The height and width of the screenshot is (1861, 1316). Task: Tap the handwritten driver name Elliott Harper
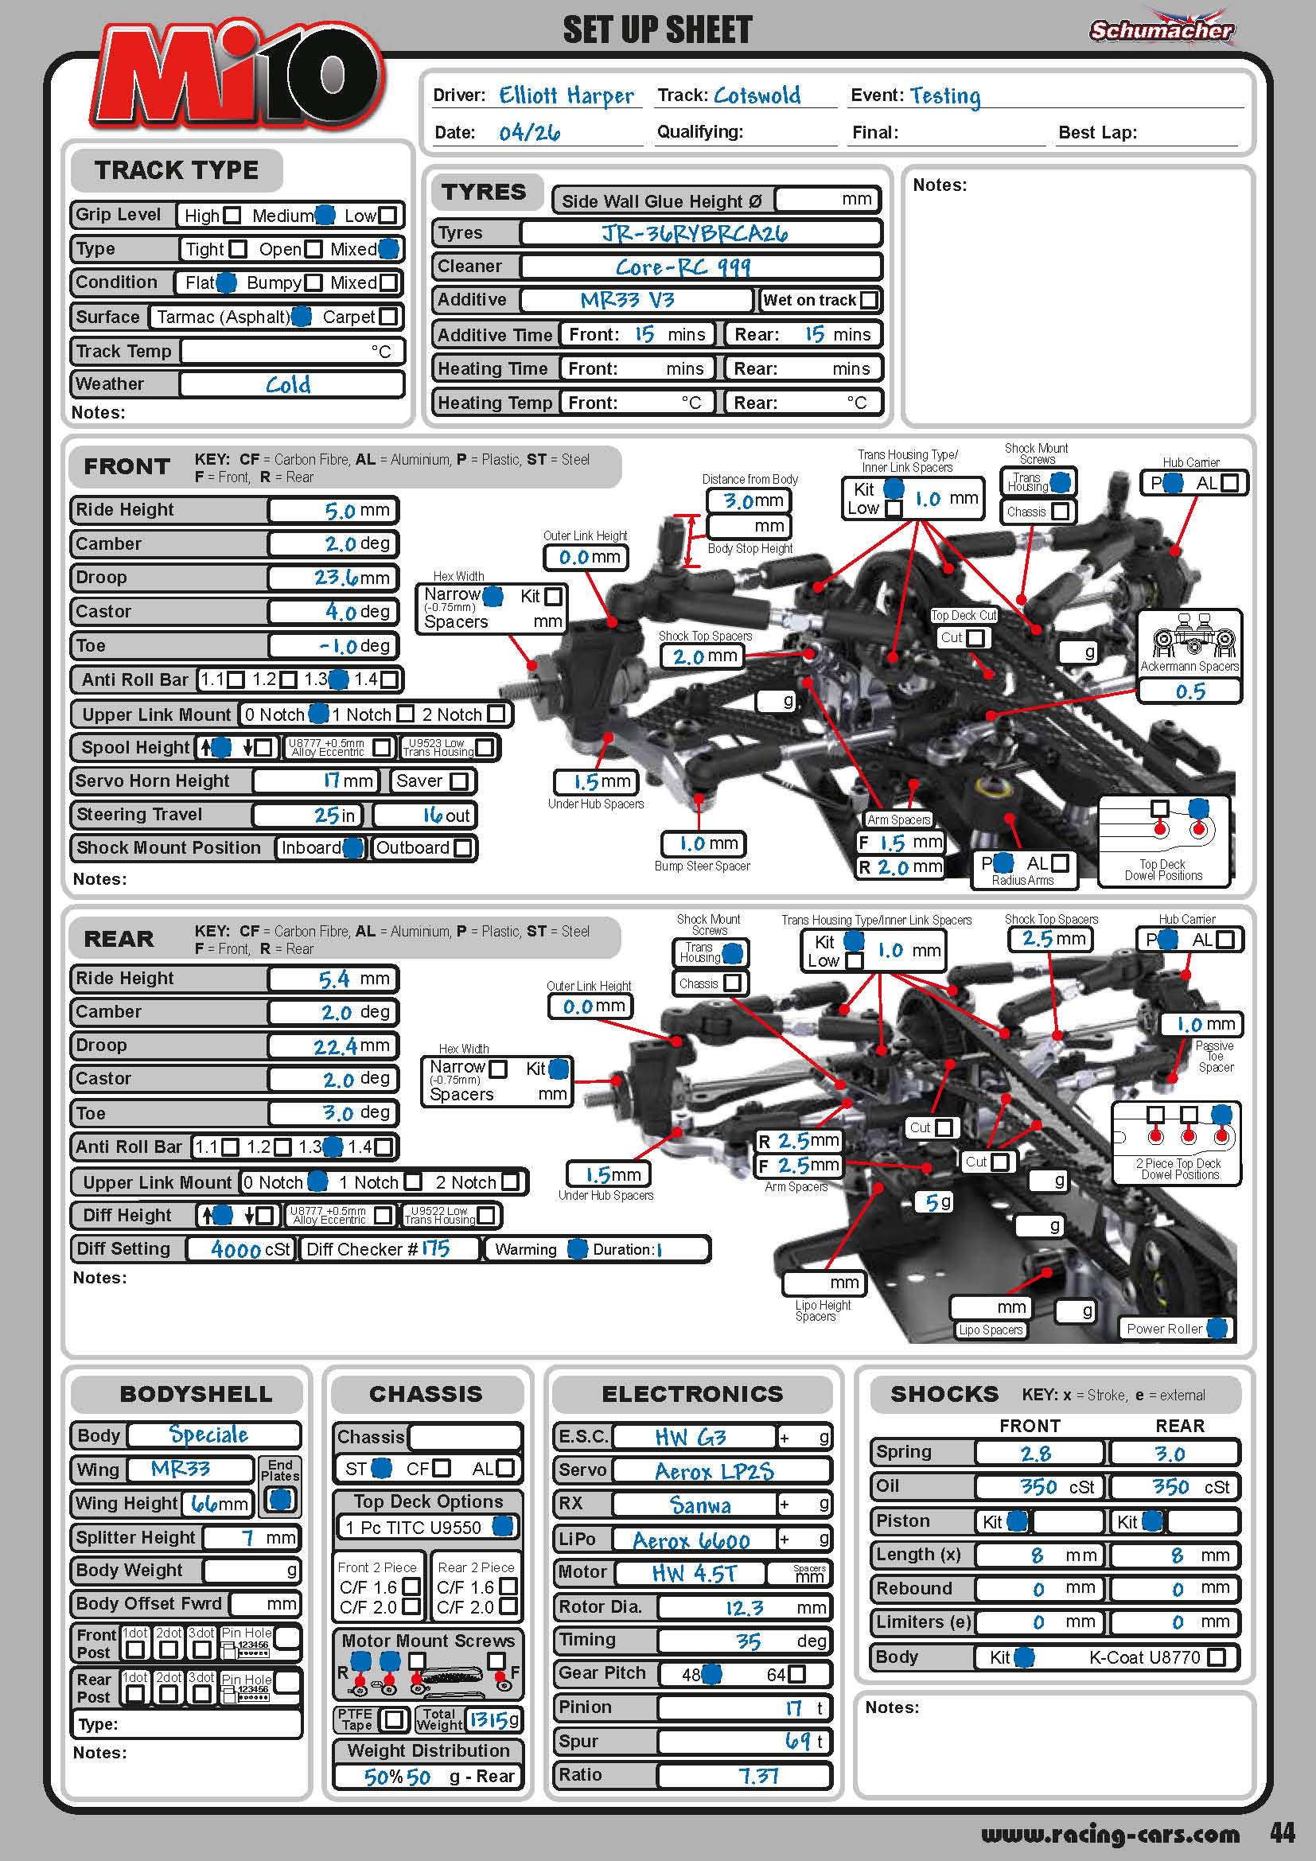point(566,95)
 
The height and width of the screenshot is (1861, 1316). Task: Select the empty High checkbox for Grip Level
point(232,216)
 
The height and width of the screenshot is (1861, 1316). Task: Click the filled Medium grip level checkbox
point(324,215)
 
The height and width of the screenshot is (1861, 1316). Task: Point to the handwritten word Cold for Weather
point(289,384)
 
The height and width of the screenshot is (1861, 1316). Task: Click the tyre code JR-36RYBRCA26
point(695,233)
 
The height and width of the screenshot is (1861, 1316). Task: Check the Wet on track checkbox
point(869,300)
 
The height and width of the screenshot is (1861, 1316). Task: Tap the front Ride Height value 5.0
point(341,511)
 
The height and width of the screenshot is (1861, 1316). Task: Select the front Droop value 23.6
point(337,578)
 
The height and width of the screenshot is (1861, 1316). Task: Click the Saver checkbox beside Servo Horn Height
point(458,781)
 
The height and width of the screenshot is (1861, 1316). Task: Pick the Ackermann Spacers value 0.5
point(1190,691)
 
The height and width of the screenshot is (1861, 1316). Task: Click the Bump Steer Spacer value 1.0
point(693,843)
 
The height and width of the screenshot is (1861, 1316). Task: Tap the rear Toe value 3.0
point(338,1114)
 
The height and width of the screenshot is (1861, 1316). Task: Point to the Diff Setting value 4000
point(236,1250)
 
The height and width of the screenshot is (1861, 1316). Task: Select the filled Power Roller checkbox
point(1216,1329)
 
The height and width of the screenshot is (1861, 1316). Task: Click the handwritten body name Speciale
point(208,1435)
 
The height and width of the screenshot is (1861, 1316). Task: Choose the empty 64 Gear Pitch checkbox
point(797,1674)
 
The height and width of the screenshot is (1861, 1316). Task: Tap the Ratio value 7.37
point(758,1777)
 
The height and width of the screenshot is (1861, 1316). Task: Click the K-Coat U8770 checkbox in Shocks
point(1217,1657)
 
